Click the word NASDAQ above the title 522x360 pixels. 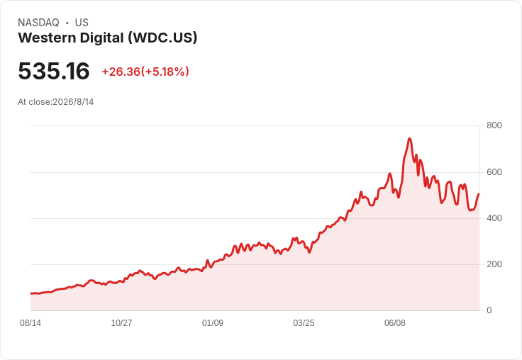pos(38,23)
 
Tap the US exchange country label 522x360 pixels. pos(82,23)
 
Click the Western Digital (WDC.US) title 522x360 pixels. pos(108,38)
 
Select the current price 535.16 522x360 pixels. pos(54,71)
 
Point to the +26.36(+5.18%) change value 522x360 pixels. pos(145,72)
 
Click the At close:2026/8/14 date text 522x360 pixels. pos(56,102)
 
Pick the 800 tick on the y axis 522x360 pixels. pos(494,125)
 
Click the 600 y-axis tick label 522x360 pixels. pos(494,172)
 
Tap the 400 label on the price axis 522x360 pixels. pos(494,218)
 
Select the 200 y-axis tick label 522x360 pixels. pos(494,264)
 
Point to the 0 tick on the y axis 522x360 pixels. pos(489,310)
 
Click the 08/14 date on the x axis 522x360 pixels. pos(30,323)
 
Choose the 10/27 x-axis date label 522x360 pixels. pos(121,323)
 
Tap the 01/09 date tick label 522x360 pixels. pos(213,323)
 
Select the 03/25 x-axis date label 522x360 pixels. pos(304,323)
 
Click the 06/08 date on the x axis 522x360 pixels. pos(395,323)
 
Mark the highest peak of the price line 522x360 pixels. pos(409,138)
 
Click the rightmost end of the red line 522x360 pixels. pos(479,194)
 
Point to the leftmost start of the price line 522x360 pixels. pos(31,293)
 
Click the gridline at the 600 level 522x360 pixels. pos(255,172)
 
